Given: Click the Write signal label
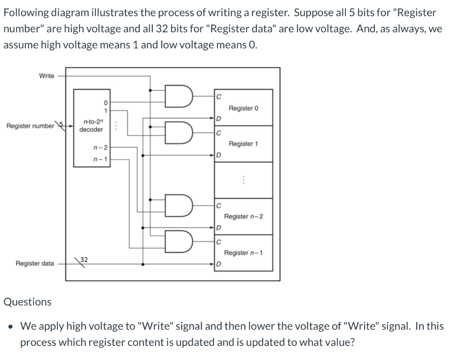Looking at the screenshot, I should coord(47,76).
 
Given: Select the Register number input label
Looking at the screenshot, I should coord(30,126).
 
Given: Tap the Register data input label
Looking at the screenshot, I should coord(35,263).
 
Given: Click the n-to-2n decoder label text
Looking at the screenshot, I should coord(91,126).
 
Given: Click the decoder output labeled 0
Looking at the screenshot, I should coord(105,102).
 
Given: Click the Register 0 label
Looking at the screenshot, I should coord(243,109).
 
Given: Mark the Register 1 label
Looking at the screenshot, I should coord(243,144).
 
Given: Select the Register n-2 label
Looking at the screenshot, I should coord(243,217).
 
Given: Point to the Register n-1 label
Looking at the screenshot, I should coord(243,252).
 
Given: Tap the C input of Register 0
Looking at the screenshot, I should coord(218,96).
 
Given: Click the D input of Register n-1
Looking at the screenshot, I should coord(218,264).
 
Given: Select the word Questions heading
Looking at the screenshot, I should coord(28,302).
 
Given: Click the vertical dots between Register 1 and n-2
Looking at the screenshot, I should coord(243,180).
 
